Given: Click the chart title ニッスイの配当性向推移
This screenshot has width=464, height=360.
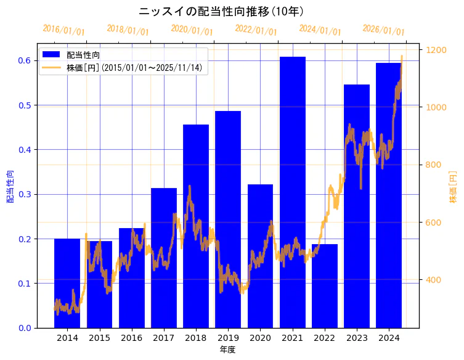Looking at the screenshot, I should [222, 11].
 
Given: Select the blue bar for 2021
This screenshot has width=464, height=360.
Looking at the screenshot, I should [292, 191].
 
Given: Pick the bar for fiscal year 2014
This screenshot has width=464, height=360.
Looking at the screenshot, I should [67, 283].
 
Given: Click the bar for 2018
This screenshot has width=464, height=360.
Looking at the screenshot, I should [196, 226].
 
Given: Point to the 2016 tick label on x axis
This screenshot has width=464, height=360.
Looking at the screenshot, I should [131, 338].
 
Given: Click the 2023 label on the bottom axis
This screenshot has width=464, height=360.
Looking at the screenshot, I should [356, 338].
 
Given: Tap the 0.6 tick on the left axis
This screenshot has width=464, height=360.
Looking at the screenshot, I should [25, 60].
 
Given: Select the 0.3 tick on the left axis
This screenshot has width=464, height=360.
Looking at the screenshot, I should [25, 194].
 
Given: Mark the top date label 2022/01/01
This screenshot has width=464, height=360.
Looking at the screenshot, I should [256, 30].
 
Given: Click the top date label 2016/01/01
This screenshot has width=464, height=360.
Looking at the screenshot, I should [63, 30].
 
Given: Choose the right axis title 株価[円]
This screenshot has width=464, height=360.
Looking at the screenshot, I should [453, 186].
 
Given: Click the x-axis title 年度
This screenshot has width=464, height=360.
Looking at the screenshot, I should [227, 350].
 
